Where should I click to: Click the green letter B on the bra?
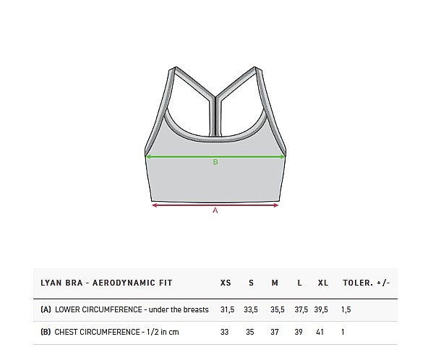[215, 162]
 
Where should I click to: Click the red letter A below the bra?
[215, 210]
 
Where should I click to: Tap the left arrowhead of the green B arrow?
[148, 157]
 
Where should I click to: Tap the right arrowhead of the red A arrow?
[276, 205]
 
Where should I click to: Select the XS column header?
[226, 283]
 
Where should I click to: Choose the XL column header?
[323, 283]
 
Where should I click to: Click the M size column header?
[275, 283]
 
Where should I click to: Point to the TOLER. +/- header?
[367, 283]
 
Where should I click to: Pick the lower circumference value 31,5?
[227, 309]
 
